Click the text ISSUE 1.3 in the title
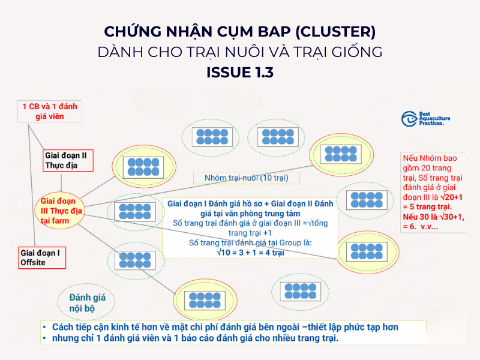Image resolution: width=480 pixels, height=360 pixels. [x=240, y=73]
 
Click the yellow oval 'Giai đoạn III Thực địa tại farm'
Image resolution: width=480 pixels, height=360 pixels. [x=62, y=211]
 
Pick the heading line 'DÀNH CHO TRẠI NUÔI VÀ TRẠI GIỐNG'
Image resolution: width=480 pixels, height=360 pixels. [x=240, y=52]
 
